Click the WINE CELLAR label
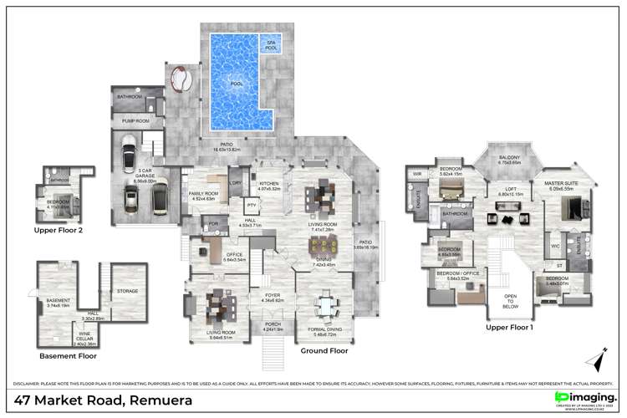(85, 341)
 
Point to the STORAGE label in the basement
(128, 291)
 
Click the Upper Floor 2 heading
(59, 228)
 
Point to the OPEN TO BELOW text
(510, 300)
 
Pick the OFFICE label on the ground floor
(211, 256)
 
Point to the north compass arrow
(597, 359)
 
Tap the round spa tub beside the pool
(180, 81)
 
